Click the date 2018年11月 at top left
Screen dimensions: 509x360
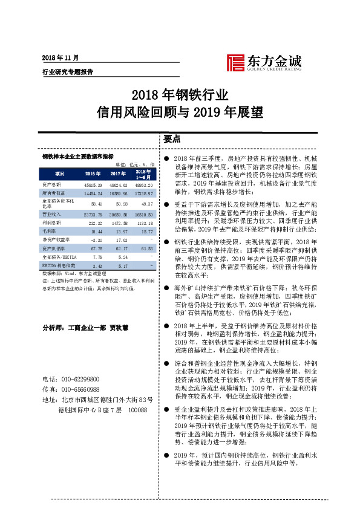[x=61, y=57]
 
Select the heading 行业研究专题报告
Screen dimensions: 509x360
[x=67, y=71]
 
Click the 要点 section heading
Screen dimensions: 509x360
[x=172, y=138]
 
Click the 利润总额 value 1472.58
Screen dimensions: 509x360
[x=118, y=223]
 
